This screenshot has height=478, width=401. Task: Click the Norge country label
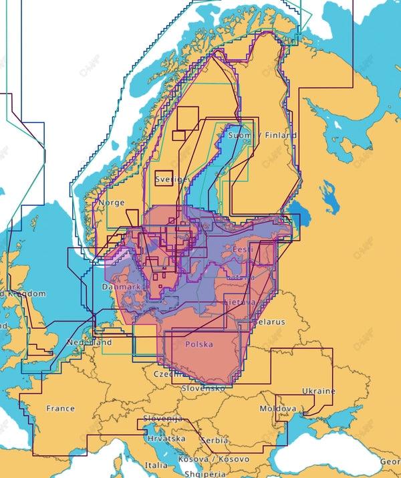click(111, 203)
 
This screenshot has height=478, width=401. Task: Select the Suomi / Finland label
click(263, 135)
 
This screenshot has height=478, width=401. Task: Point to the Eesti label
click(242, 249)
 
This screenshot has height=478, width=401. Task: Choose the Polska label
click(198, 344)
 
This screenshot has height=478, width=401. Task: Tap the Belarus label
click(269, 322)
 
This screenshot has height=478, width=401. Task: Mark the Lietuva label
click(239, 303)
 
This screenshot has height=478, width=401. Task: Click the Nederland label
click(89, 342)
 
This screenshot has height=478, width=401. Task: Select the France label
click(60, 408)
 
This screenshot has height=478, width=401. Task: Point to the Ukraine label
click(319, 391)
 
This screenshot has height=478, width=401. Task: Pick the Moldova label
click(277, 408)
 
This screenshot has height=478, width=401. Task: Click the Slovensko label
click(203, 388)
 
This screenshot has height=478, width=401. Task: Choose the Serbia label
click(214, 441)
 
